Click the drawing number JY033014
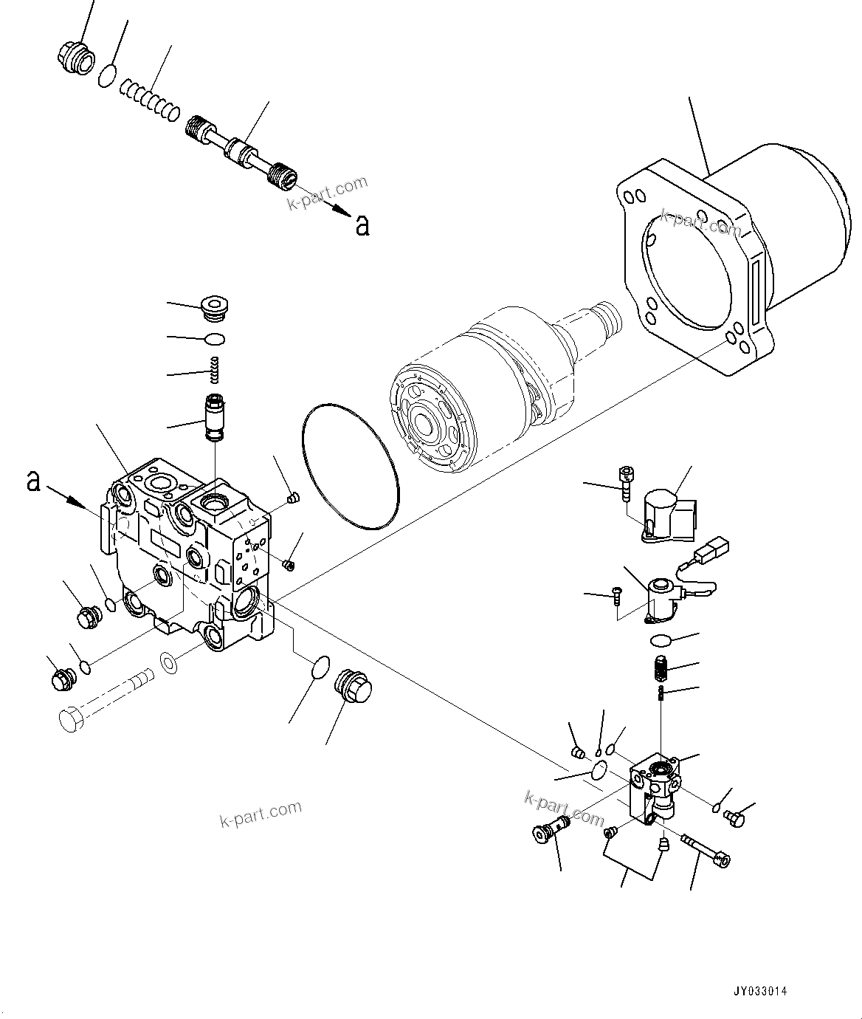[x=759, y=991]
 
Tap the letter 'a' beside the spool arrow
[x=362, y=224]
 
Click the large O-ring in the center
[x=351, y=466]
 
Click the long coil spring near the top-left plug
[x=149, y=100]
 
